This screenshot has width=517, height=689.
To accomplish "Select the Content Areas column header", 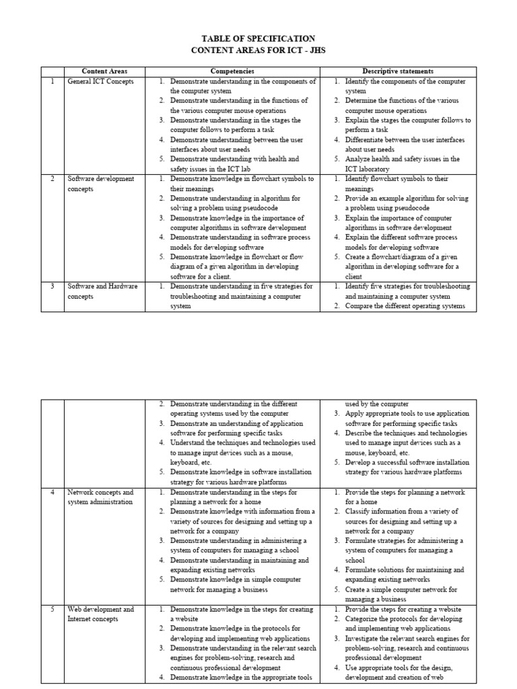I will (x=104, y=71).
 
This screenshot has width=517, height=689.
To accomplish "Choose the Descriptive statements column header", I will (x=398, y=71).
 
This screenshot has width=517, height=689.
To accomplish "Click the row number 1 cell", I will (x=53, y=81).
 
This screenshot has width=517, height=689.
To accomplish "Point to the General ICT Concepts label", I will (x=101, y=81).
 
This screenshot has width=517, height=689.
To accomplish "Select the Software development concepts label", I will (x=101, y=184).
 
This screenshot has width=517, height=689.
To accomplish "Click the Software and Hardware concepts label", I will (x=102, y=291).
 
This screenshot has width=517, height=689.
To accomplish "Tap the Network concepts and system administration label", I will (x=101, y=497).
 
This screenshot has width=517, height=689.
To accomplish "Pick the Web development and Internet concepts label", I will (x=101, y=614).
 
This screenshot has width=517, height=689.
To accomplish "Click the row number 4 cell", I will (x=53, y=493).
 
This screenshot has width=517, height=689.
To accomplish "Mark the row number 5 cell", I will (x=53, y=610).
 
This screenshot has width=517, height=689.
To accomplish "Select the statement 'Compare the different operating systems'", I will (x=405, y=306).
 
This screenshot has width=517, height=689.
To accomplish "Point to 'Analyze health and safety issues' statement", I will (x=402, y=164).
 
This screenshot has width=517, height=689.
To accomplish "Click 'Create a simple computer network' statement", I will (x=403, y=594).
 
